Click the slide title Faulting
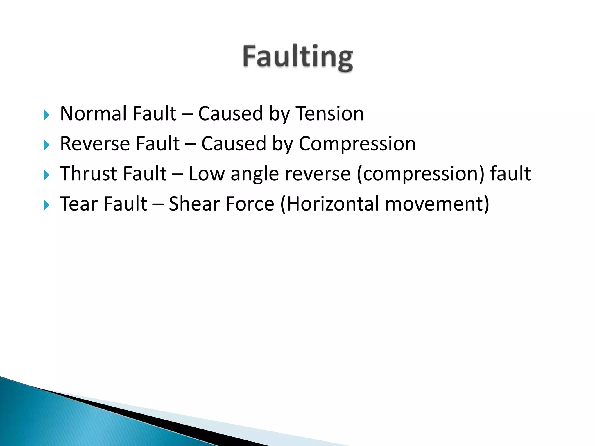click(x=298, y=57)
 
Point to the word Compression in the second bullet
click(x=357, y=144)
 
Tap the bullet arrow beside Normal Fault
click(x=47, y=115)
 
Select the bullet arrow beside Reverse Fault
click(x=47, y=145)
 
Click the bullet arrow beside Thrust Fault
click(x=47, y=175)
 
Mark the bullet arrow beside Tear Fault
click(x=47, y=205)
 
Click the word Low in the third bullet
click(x=207, y=174)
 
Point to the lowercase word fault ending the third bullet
click(x=510, y=174)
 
